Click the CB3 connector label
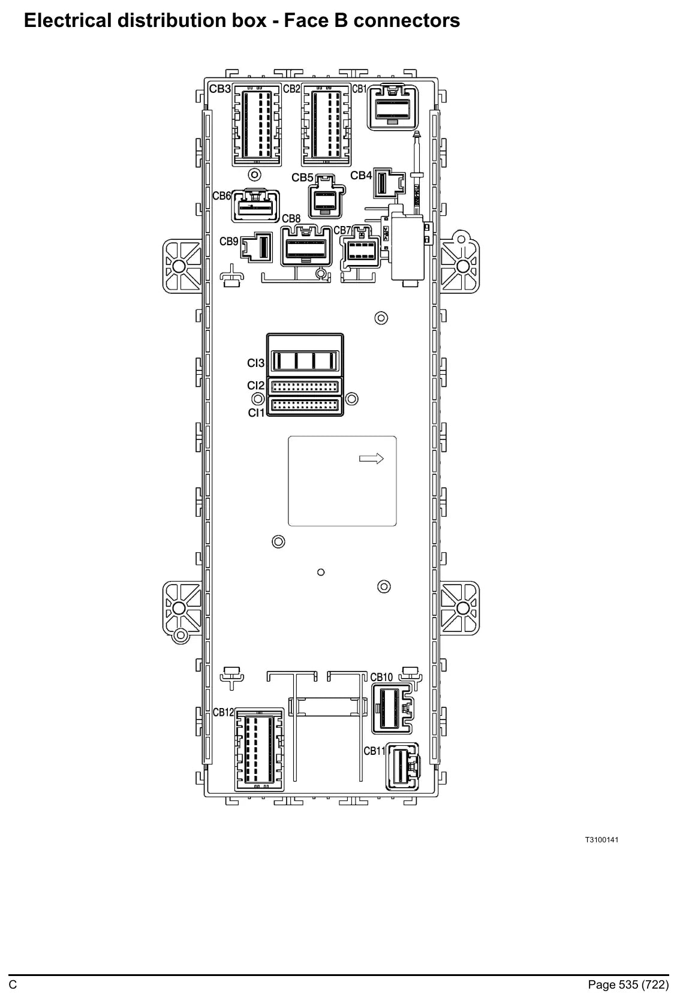tap(220, 89)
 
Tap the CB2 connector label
tap(291, 89)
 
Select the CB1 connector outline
tap(393, 107)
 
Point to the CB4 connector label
tap(361, 176)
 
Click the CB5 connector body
tap(326, 197)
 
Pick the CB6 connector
tap(255, 206)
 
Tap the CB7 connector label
tap(342, 230)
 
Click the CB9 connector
tap(257, 246)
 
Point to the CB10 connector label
tap(381, 677)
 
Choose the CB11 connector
tap(402, 767)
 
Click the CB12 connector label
tap(224, 712)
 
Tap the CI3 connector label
tap(255, 363)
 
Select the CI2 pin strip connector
tap(305, 386)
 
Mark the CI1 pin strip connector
tap(305, 406)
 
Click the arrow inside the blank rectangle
tap(371, 459)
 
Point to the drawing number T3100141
tap(602, 839)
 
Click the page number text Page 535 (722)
tap(628, 984)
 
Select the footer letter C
tap(13, 984)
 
